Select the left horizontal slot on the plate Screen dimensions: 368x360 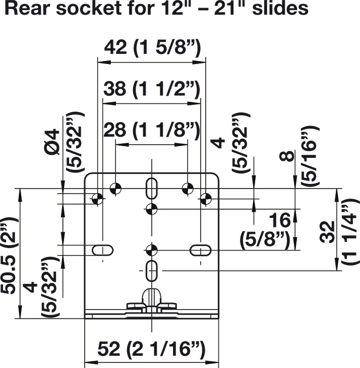coord(102,249)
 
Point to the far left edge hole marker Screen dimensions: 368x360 coord(99,198)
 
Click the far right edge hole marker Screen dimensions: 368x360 coord(205,198)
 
